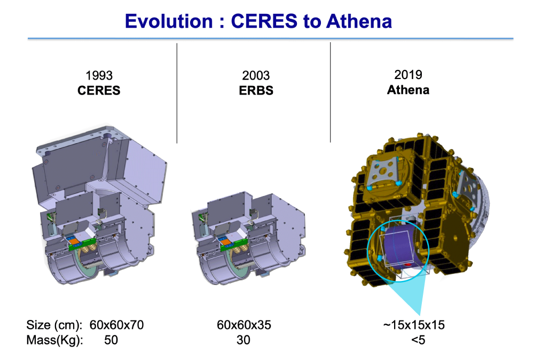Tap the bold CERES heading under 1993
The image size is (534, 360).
(99, 90)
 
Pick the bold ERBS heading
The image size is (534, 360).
(256, 90)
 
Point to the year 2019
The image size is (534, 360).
(408, 75)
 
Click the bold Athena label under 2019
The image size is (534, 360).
(408, 89)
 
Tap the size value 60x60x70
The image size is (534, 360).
(117, 325)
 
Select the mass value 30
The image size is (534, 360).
(243, 340)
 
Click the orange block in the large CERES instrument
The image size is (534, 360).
(74, 241)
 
